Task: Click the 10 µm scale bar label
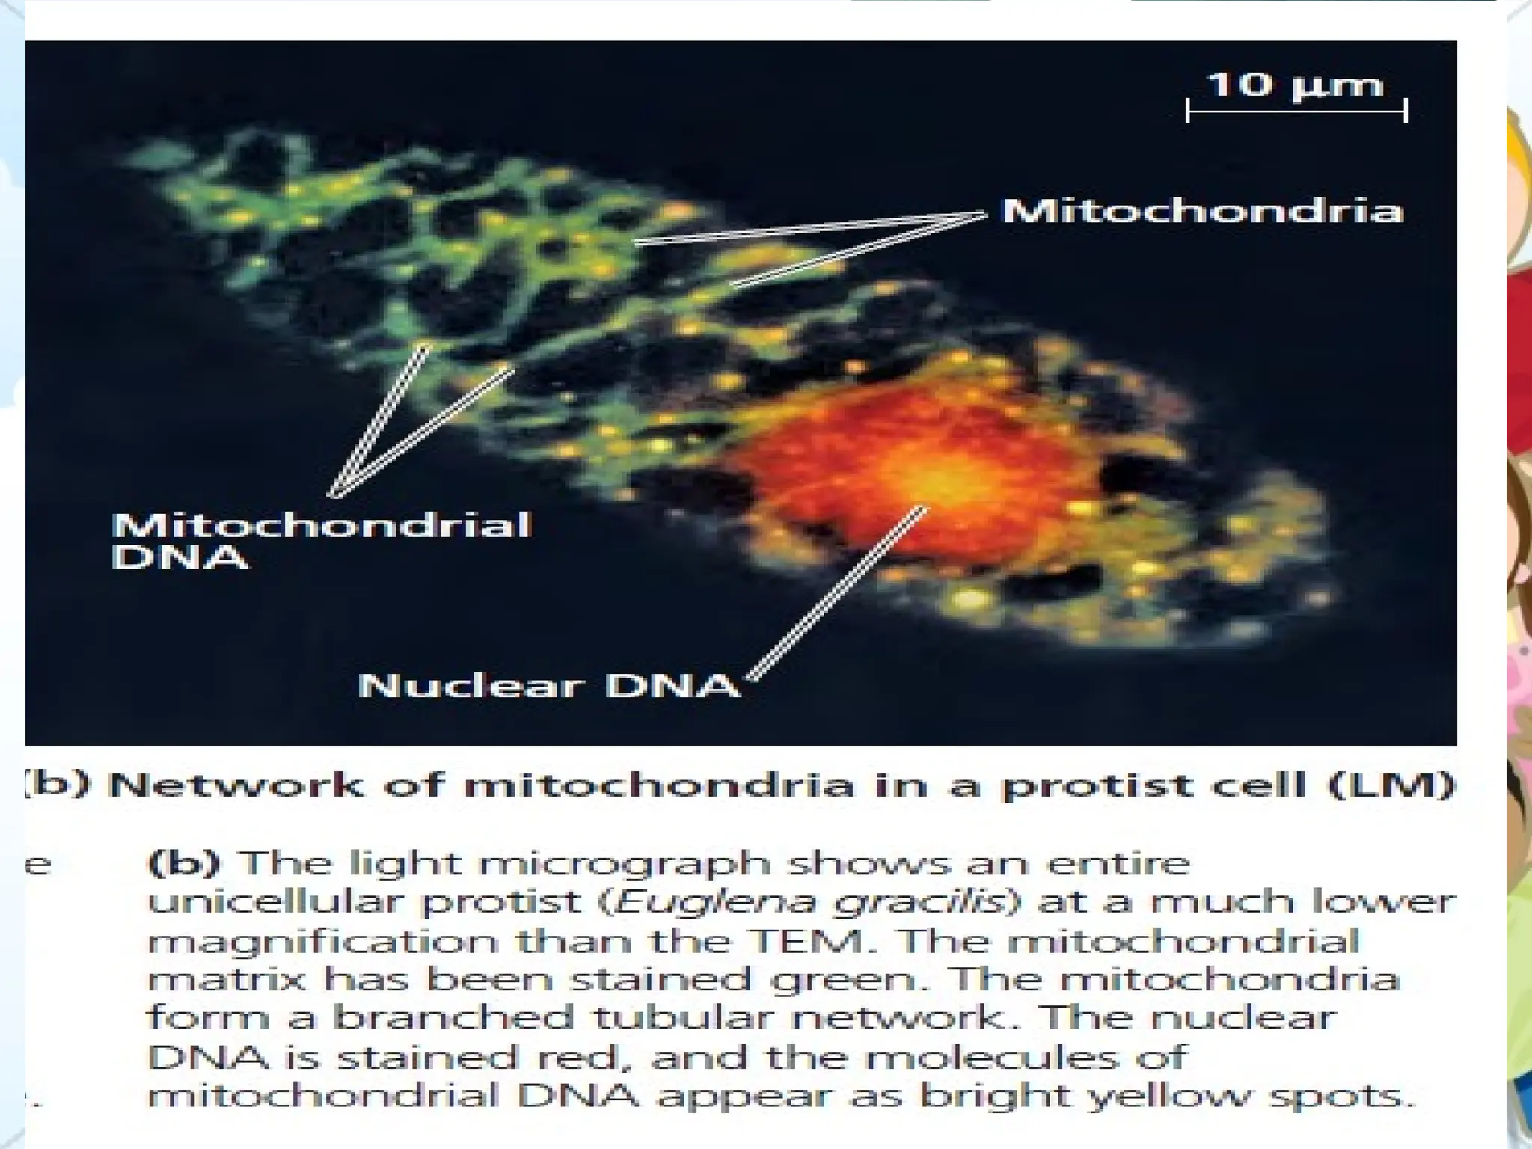tap(1296, 84)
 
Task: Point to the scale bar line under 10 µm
tap(1296, 111)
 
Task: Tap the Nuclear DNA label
tap(548, 684)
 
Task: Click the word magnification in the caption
tap(322, 941)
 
